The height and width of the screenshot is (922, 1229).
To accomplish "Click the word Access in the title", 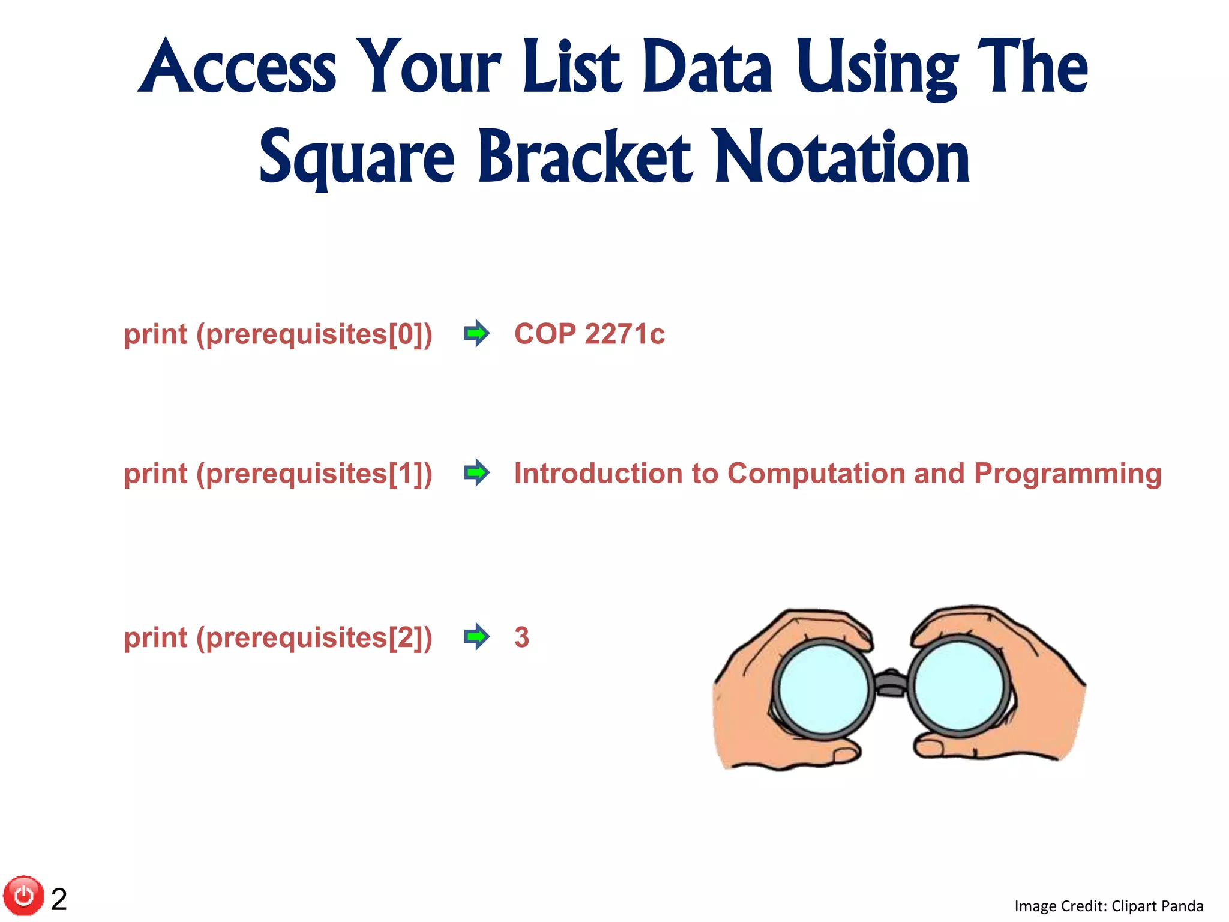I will tap(237, 67).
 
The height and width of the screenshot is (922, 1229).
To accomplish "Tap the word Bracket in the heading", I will tap(584, 157).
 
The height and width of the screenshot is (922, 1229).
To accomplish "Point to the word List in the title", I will tap(571, 67).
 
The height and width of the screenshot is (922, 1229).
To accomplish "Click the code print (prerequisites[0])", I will tap(278, 334).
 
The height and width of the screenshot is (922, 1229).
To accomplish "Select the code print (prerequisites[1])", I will tap(278, 474).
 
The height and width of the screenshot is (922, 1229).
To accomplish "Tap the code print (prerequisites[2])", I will tap(278, 637).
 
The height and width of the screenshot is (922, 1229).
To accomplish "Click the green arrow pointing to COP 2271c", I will tap(477, 333).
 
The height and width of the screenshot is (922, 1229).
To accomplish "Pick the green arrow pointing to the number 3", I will tap(477, 636).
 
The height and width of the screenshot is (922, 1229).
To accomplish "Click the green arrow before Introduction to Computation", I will tap(477, 473).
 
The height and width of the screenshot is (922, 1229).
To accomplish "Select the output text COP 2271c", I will tap(589, 334).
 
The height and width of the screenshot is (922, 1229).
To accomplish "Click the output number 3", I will tap(521, 637).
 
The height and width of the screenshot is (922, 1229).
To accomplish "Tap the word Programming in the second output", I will tap(1068, 474).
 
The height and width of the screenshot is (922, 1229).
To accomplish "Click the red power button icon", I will tap(24, 896).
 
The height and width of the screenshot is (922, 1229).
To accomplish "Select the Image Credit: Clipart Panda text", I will tap(1108, 906).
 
